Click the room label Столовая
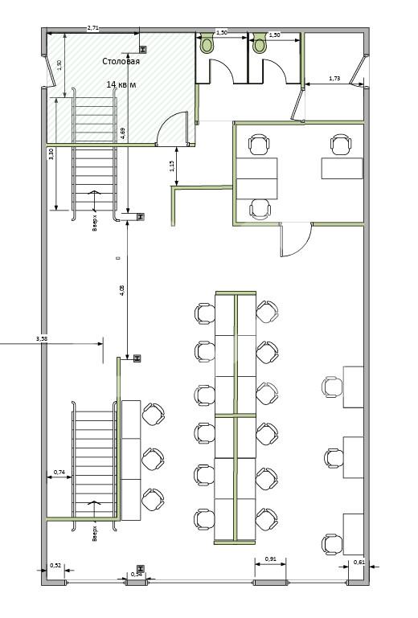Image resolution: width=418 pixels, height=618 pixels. [121, 61]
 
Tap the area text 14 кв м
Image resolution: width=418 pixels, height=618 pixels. [121, 84]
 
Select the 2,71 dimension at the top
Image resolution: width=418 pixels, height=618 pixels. [92, 28]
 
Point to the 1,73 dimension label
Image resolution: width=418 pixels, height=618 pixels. [335, 78]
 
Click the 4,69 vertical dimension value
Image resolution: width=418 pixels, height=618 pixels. [122, 133]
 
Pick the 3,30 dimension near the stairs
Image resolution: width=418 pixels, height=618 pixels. [51, 155]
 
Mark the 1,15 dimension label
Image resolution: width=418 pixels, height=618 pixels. [172, 166]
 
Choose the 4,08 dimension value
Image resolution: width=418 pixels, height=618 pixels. [122, 291]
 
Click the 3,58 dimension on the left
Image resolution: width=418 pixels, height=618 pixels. [42, 339]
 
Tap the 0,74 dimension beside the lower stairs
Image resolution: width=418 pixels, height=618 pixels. [59, 472]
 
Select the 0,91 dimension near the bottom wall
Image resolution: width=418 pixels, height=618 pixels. [271, 559]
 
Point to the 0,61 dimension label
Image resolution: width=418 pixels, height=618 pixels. [359, 562]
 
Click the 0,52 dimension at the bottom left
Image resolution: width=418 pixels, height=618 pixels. [55, 566]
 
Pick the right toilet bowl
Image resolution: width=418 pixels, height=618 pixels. [260, 44]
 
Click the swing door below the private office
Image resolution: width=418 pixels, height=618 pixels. [294, 239]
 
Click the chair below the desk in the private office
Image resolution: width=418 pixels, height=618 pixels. [260, 209]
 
